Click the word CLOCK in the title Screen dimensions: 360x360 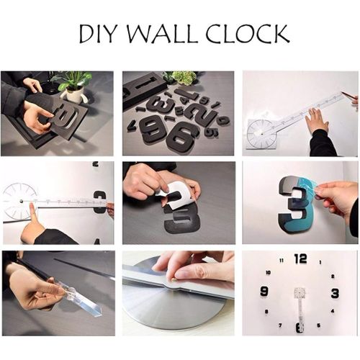pyautogui.click(x=246, y=34)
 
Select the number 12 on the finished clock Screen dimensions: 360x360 pyautogui.click(x=300, y=258)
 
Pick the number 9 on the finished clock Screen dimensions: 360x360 pyautogui.click(x=264, y=292)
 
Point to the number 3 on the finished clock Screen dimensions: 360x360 pyautogui.click(x=335, y=292)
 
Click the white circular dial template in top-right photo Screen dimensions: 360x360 pyautogui.click(x=260, y=133)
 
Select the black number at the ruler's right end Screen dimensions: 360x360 pyautogui.click(x=100, y=202)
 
